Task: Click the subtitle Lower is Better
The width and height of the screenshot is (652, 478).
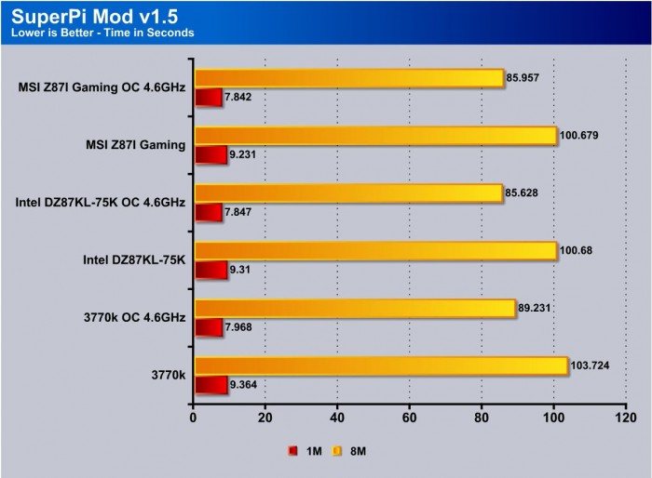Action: click(x=102, y=33)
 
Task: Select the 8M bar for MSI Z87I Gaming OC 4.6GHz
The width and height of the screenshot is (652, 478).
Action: click(x=349, y=78)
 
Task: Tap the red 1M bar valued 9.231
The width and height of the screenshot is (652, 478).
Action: click(x=211, y=154)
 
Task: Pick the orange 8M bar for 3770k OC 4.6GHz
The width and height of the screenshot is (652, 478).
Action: click(x=354, y=308)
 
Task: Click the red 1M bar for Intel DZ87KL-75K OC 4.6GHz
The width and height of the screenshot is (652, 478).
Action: click(x=208, y=212)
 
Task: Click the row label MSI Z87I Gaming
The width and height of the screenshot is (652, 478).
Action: click(x=135, y=144)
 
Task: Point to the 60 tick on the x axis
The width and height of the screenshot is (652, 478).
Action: click(x=409, y=418)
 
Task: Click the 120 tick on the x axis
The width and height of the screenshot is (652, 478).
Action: click(x=626, y=418)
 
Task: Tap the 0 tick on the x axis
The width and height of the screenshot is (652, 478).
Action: click(x=193, y=418)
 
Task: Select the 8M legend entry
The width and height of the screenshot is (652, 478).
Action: click(x=350, y=452)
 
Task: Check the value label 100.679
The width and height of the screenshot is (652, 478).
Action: click(x=578, y=136)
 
